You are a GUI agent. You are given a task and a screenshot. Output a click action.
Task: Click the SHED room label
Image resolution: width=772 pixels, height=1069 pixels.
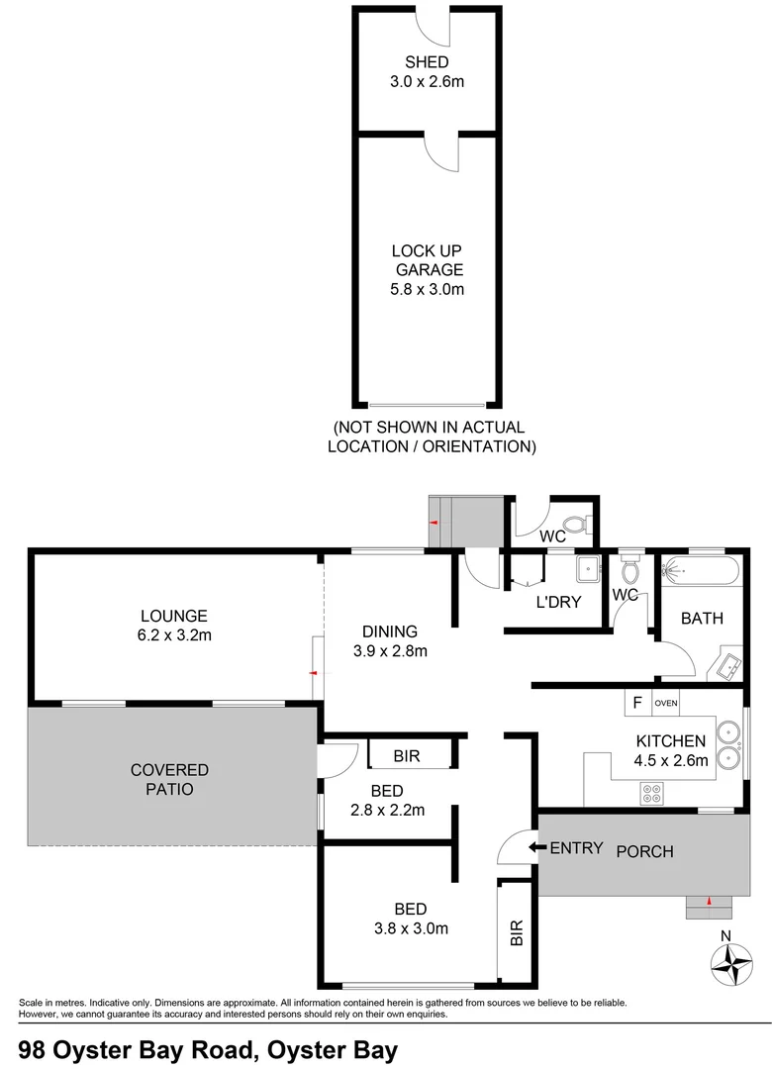click(x=427, y=62)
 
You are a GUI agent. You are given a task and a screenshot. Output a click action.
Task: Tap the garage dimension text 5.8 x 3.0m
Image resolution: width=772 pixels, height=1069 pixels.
click(x=427, y=289)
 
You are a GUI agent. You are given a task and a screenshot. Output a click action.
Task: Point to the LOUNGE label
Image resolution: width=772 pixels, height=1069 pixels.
click(x=173, y=615)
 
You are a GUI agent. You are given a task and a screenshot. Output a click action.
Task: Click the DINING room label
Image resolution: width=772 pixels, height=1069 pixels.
click(x=389, y=631)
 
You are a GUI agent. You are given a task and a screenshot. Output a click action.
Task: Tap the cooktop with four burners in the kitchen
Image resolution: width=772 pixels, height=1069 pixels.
click(x=651, y=792)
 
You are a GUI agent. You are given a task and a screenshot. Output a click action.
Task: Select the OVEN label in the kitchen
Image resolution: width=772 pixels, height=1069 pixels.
click(x=665, y=704)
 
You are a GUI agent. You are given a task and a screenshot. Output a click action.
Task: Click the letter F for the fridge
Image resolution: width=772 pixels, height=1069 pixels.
click(x=637, y=704)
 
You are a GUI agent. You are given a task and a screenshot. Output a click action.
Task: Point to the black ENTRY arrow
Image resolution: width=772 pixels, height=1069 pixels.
click(x=534, y=847)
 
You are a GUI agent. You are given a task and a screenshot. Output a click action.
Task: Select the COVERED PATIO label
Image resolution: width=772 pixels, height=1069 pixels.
click(x=170, y=779)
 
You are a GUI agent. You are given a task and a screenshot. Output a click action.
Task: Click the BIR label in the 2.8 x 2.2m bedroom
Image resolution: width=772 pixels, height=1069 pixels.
click(x=407, y=756)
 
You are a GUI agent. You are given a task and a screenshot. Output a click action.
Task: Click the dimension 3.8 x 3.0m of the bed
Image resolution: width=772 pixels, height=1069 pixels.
click(x=410, y=928)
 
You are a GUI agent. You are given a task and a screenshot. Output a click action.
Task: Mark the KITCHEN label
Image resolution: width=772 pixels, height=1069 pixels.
click(x=671, y=740)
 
